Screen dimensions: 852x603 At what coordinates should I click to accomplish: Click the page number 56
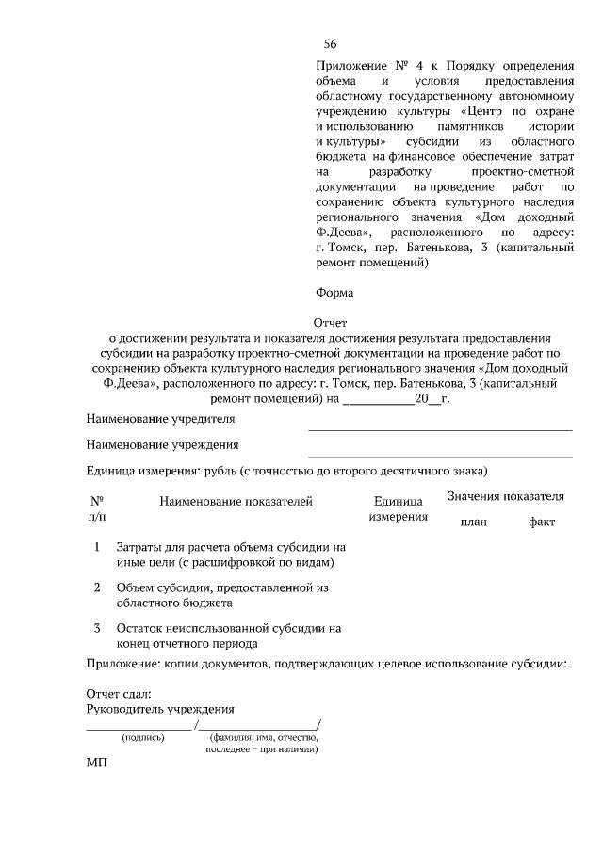(330, 44)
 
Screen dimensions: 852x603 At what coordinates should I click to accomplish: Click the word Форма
(334, 292)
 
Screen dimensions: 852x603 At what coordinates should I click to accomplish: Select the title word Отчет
(330, 323)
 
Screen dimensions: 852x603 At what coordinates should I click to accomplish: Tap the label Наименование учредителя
(160, 418)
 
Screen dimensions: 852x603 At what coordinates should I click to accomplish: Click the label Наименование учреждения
(162, 444)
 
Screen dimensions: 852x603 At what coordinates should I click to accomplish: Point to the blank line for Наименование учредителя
(440, 429)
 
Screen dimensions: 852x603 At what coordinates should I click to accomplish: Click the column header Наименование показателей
(236, 503)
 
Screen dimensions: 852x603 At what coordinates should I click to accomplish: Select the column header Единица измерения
(397, 510)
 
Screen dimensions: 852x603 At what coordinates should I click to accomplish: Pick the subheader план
(473, 522)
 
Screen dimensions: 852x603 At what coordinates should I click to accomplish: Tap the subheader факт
(542, 522)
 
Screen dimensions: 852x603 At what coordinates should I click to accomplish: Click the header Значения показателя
(506, 496)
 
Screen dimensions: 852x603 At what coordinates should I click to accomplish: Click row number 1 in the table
(97, 546)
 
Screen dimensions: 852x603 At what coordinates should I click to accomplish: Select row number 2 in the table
(97, 587)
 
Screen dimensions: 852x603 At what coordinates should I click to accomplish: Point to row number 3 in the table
(97, 628)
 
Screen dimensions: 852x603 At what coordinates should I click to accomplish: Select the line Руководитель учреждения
(160, 709)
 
